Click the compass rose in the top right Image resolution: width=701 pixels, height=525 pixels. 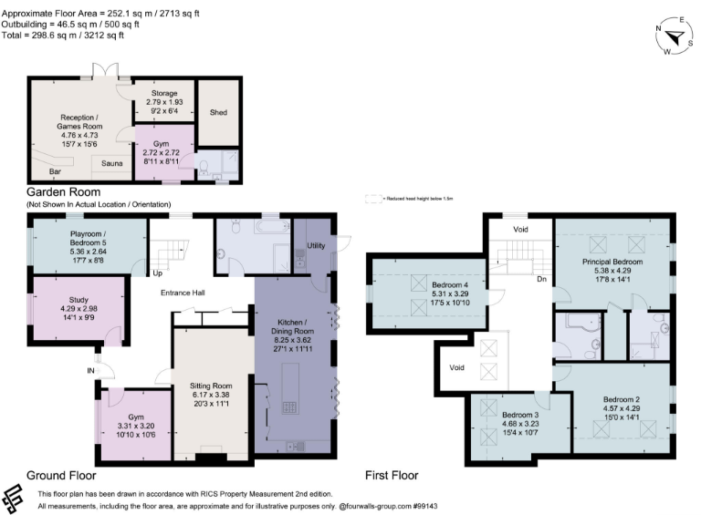click(674, 36)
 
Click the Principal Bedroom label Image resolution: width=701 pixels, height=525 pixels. click(612, 262)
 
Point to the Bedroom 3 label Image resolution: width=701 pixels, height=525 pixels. click(519, 415)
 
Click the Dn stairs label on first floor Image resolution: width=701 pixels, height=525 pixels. click(542, 280)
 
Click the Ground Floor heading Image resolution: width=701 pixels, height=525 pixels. click(60, 475)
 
